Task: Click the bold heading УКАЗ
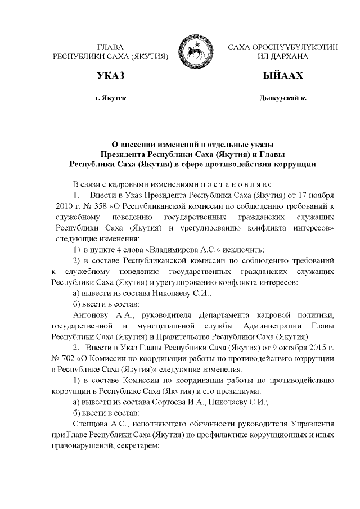click(x=110, y=76)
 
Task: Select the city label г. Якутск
click(x=110, y=98)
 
